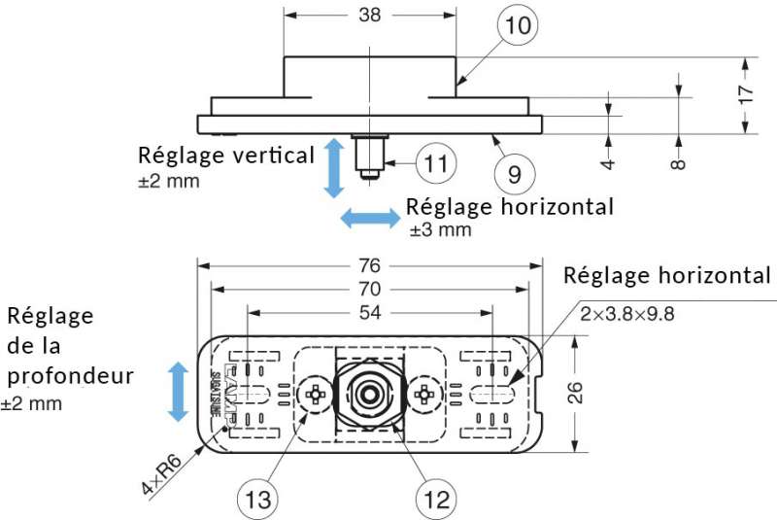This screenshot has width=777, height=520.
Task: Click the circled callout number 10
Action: [519, 26]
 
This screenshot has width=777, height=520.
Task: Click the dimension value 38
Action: [370, 16]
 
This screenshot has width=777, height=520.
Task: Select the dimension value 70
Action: [370, 289]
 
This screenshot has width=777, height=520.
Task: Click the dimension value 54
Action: [370, 312]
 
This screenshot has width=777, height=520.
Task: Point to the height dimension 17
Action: [745, 94]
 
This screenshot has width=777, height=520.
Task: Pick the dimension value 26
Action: [575, 393]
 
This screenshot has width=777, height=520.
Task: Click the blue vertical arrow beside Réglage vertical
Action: [333, 167]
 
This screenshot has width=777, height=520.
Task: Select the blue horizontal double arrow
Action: [370, 218]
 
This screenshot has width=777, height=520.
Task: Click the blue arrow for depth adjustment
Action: [178, 391]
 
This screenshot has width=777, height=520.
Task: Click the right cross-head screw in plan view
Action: [423, 395]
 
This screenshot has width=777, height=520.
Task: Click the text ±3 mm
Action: [440, 230]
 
